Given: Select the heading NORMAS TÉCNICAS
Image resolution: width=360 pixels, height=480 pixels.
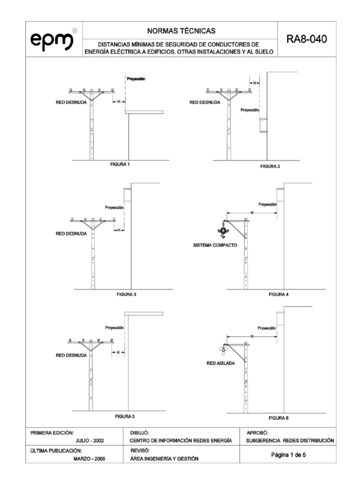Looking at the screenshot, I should (x=181, y=31).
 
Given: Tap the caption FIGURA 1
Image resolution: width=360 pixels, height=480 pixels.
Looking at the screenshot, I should (x=120, y=165).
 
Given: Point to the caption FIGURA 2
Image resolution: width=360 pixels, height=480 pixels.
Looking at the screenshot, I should (x=270, y=167).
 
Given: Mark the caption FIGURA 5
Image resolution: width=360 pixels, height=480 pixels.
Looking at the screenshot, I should (x=125, y=416).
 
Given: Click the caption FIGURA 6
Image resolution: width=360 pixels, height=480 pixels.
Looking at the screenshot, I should (x=278, y=417).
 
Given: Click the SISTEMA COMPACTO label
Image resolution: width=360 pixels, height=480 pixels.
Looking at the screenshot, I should (x=215, y=245).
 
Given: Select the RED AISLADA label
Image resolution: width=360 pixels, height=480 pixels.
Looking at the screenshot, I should (x=220, y=363).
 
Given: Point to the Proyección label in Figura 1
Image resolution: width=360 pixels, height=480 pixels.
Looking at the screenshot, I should (x=136, y=79).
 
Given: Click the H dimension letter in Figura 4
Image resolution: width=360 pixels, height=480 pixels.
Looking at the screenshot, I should (x=252, y=213).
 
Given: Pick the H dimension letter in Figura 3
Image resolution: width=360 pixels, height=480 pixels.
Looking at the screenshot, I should (x=119, y=230).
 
